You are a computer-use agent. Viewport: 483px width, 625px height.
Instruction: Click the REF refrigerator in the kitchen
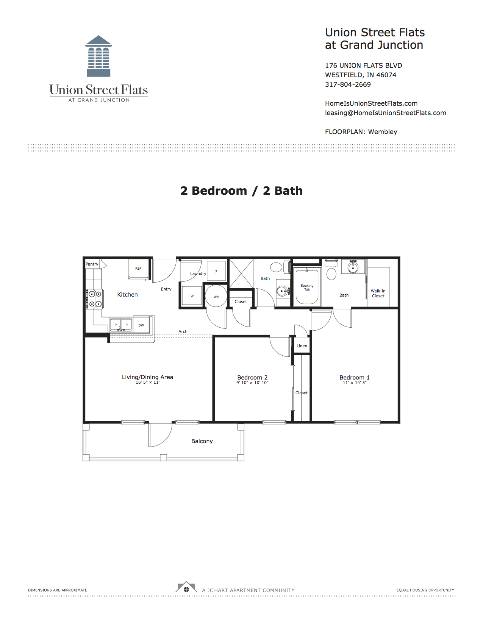coord(138,269)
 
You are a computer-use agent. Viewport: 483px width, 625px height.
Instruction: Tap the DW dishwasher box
coord(141,325)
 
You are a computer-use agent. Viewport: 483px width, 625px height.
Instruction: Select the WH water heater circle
coord(216,296)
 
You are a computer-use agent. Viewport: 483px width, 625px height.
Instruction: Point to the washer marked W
coord(192,296)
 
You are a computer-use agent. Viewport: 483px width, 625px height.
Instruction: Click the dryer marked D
coord(216,271)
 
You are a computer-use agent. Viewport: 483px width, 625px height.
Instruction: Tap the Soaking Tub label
coord(307,287)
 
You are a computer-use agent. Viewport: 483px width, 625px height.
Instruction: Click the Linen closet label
coord(302,346)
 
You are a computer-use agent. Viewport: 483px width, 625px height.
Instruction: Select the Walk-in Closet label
coord(378,294)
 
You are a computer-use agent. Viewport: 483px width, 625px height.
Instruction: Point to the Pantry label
coord(92,264)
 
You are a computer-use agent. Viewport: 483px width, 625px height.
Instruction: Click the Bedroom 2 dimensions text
coord(252,383)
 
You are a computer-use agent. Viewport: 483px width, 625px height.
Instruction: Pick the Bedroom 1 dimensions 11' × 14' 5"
coord(355,383)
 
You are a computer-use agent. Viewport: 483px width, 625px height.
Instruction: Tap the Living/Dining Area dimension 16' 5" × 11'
coord(148,382)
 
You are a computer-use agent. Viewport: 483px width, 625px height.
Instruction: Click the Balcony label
coord(202,441)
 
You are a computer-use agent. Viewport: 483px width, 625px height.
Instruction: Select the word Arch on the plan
coord(183,331)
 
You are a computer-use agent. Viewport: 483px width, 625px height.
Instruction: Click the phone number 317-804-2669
coord(348,84)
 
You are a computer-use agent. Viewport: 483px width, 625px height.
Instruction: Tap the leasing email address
coord(386,113)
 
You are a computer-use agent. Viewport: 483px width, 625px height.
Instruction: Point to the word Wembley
coord(383,132)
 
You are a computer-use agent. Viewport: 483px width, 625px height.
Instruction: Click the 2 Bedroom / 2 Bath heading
coord(241,191)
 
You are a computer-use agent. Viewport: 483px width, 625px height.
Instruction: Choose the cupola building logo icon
coord(98,56)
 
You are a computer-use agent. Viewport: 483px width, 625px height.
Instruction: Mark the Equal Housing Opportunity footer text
coord(425,590)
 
